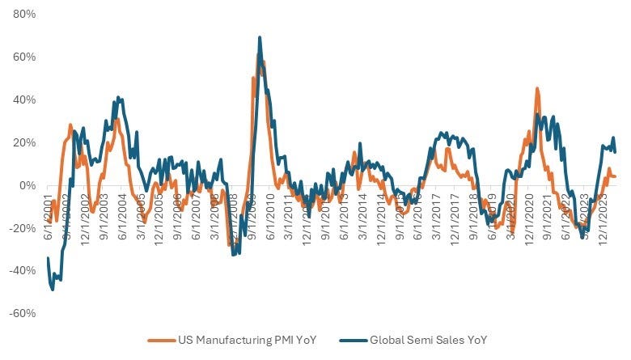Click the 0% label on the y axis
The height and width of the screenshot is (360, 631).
pyautogui.click(x=22, y=186)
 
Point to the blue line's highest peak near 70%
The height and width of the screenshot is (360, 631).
pyautogui.click(x=260, y=37)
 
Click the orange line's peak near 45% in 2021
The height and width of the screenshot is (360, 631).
pyautogui.click(x=537, y=89)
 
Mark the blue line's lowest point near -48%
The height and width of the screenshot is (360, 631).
pyautogui.click(x=53, y=289)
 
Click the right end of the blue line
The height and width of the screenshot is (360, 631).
pyautogui.click(x=616, y=151)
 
